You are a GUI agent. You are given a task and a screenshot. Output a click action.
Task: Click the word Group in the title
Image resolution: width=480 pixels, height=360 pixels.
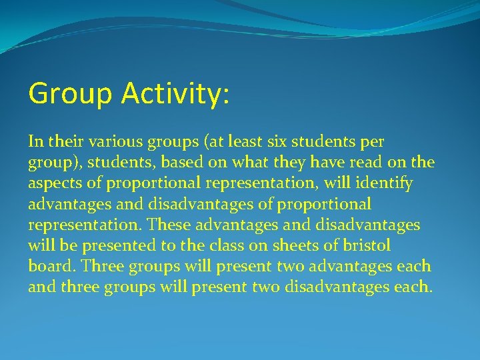pyautogui.click(x=70, y=94)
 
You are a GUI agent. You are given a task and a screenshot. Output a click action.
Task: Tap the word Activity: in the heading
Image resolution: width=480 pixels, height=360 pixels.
pyautogui.click(x=175, y=94)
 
